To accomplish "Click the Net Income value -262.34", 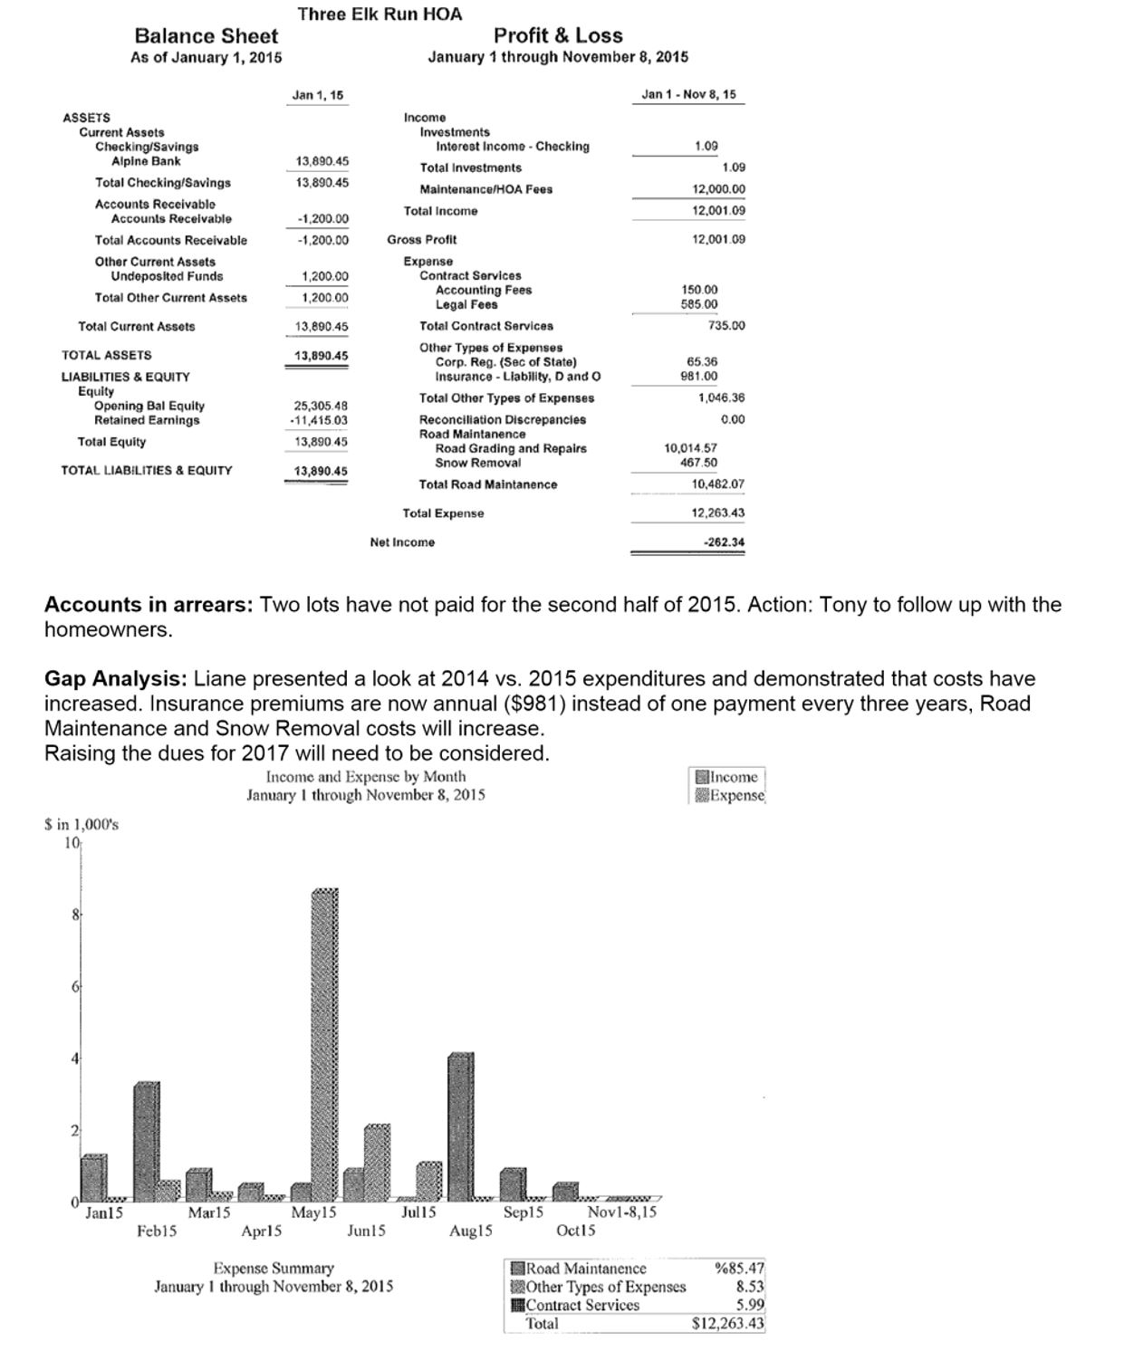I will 724,542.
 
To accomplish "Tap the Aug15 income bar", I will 460,1126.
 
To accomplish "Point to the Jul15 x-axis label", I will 418,1212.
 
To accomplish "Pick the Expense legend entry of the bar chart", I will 729,795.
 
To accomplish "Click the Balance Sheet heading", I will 207,36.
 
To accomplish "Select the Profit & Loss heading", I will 558,36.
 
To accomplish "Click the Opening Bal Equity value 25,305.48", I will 321,406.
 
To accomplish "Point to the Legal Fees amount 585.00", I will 699,305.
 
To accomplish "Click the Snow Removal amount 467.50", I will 698,463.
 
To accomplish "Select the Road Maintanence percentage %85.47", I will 740,1269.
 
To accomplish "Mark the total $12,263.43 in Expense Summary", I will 727,1323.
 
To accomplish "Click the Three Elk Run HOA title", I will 380,14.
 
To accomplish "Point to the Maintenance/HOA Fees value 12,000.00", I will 718,189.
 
